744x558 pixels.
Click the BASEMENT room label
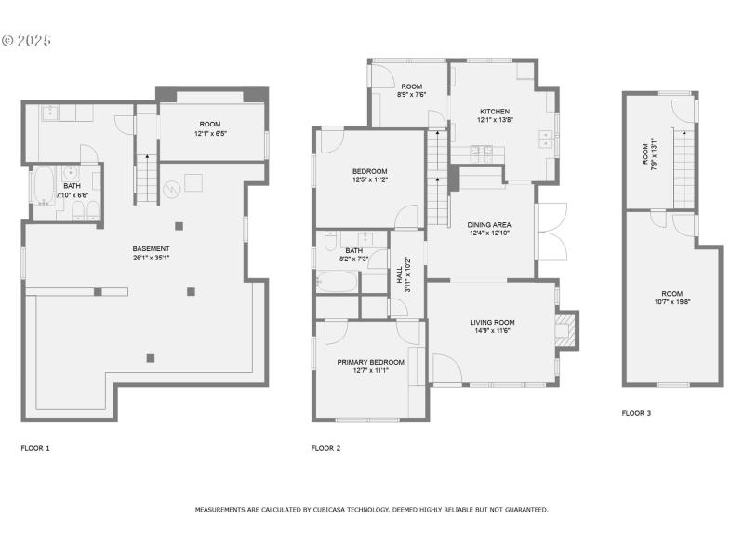tap(151, 248)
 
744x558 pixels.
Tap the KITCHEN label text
tap(495, 111)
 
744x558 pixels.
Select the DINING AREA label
tap(489, 225)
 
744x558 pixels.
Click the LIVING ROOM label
tap(491, 322)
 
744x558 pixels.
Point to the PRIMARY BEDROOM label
tap(370, 362)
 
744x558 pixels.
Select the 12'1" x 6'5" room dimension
tap(210, 133)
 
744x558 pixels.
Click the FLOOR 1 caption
tap(35, 448)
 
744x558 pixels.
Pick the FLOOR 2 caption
tap(325, 448)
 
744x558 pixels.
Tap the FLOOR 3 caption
tap(636, 413)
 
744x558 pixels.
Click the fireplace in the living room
tap(565, 329)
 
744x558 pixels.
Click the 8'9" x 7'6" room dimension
tap(411, 94)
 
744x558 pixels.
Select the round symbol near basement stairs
tap(171, 189)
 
